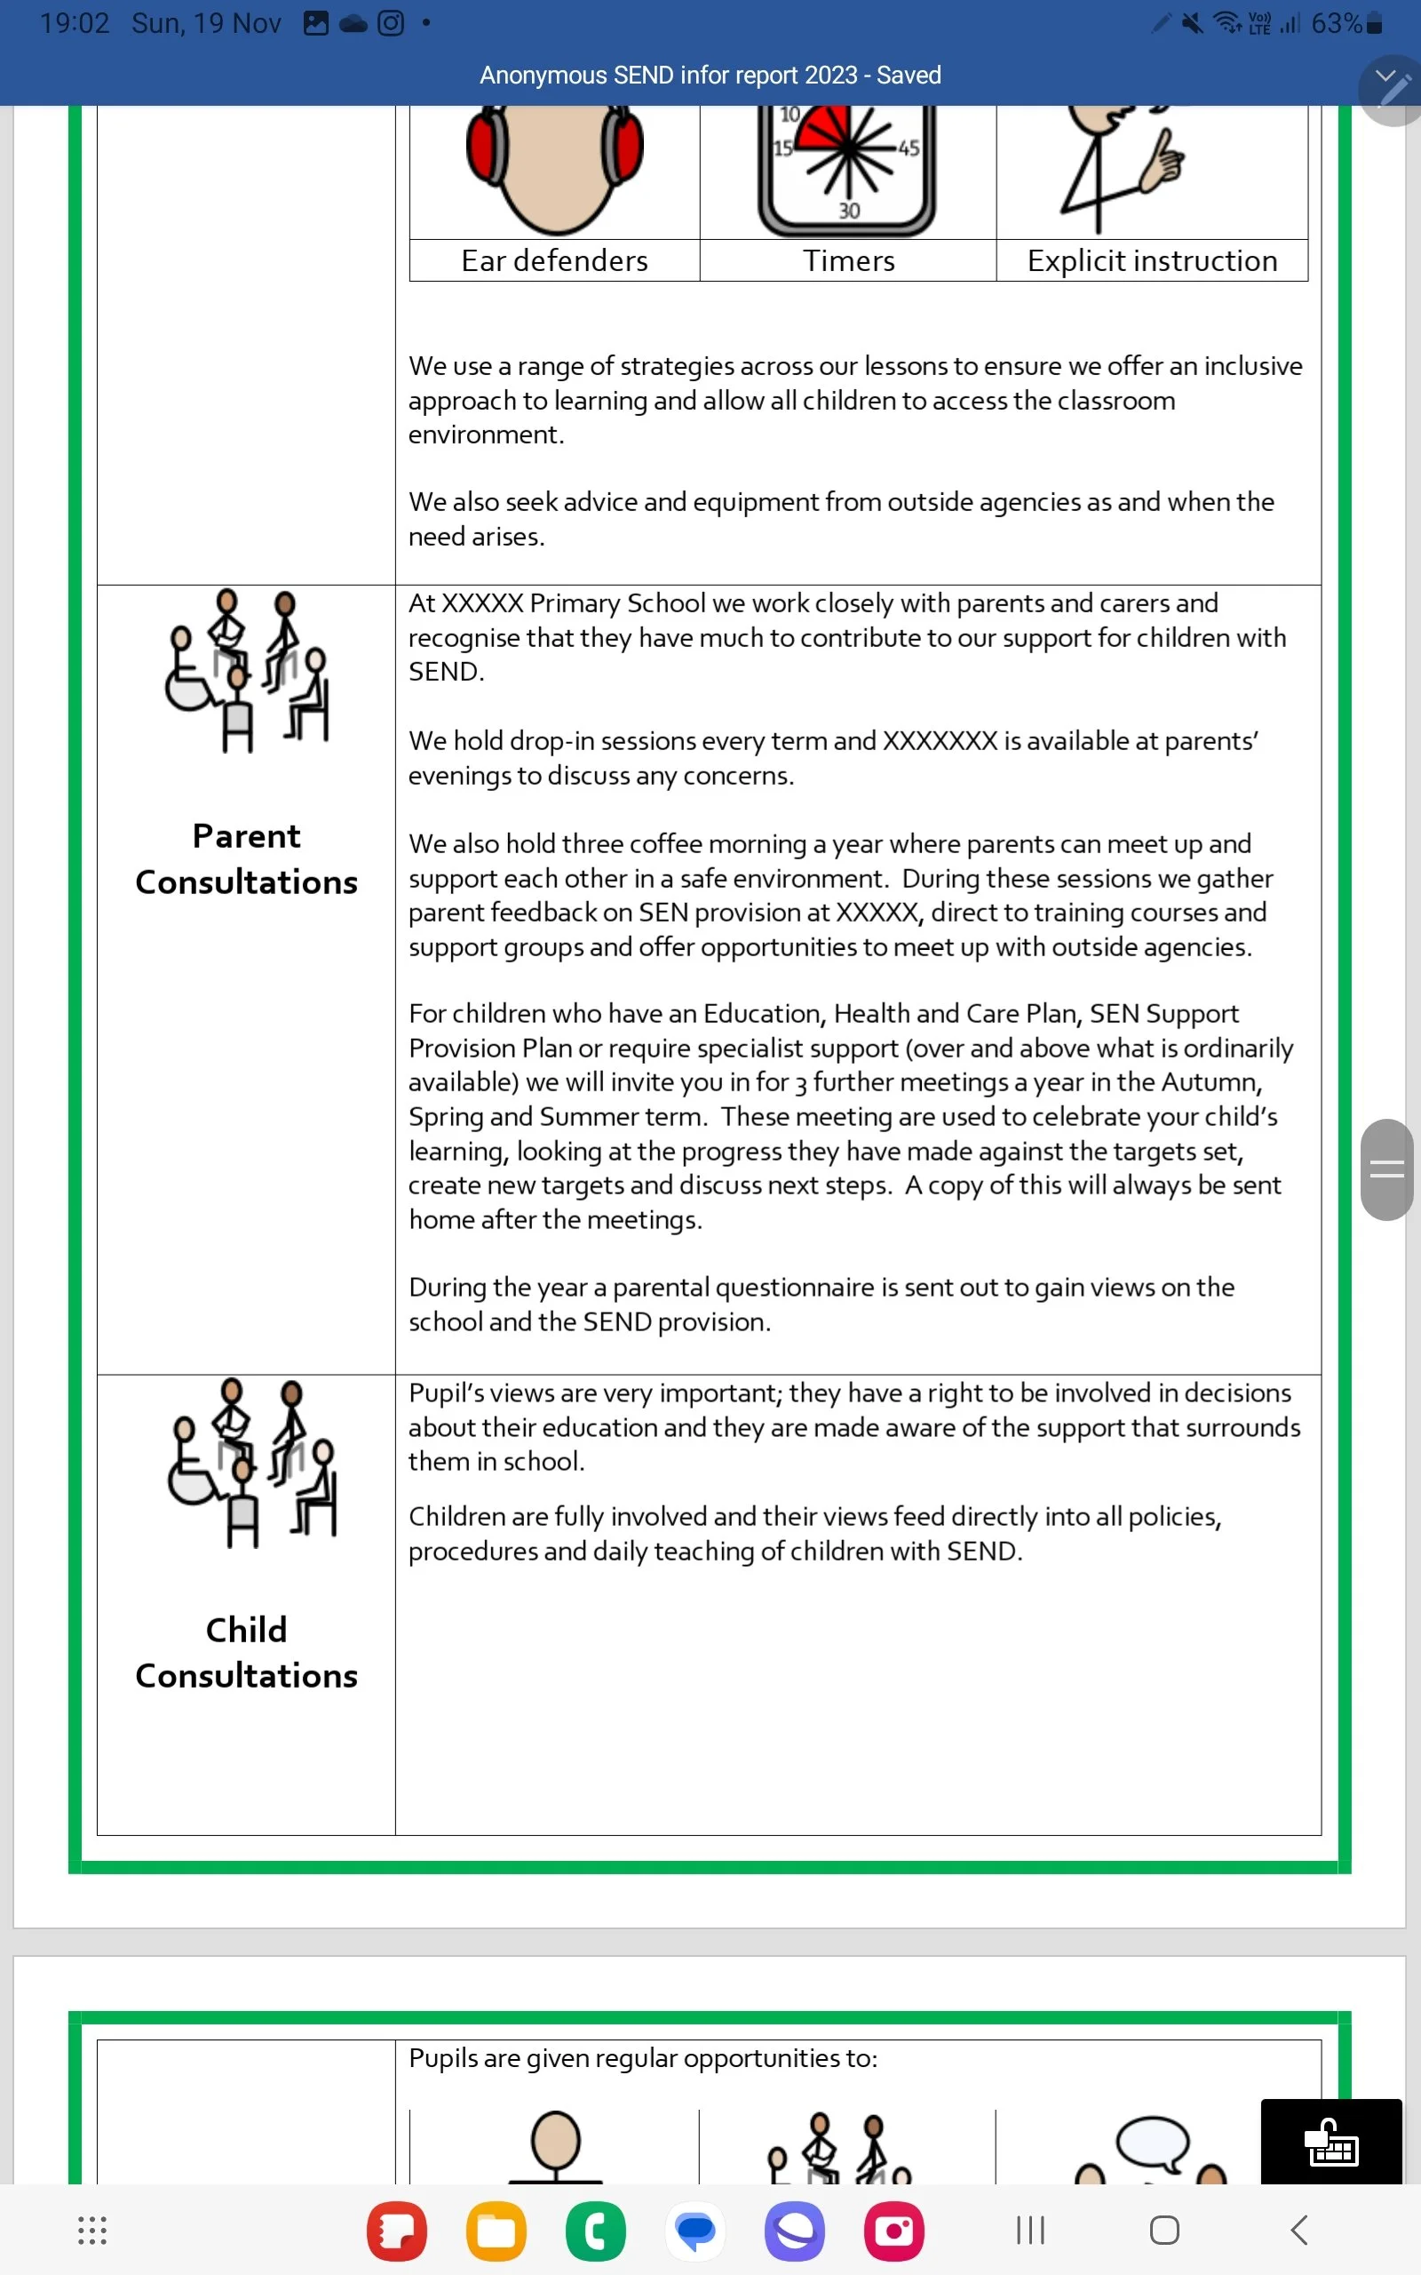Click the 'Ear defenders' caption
click(x=554, y=260)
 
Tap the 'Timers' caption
click(x=849, y=260)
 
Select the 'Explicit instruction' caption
click(x=1152, y=260)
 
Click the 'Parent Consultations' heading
click(x=246, y=858)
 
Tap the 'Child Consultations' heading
click(x=246, y=1652)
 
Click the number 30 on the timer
click(x=849, y=211)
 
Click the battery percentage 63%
click(x=1336, y=23)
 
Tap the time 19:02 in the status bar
click(x=75, y=23)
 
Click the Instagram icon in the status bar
click(x=390, y=23)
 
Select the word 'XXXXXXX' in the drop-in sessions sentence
click(x=939, y=741)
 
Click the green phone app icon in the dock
click(x=595, y=2230)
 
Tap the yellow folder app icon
click(x=496, y=2230)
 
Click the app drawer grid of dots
click(x=91, y=2230)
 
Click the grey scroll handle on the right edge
click(x=1386, y=1169)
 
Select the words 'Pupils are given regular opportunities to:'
click(x=643, y=2058)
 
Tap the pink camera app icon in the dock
click(x=893, y=2230)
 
